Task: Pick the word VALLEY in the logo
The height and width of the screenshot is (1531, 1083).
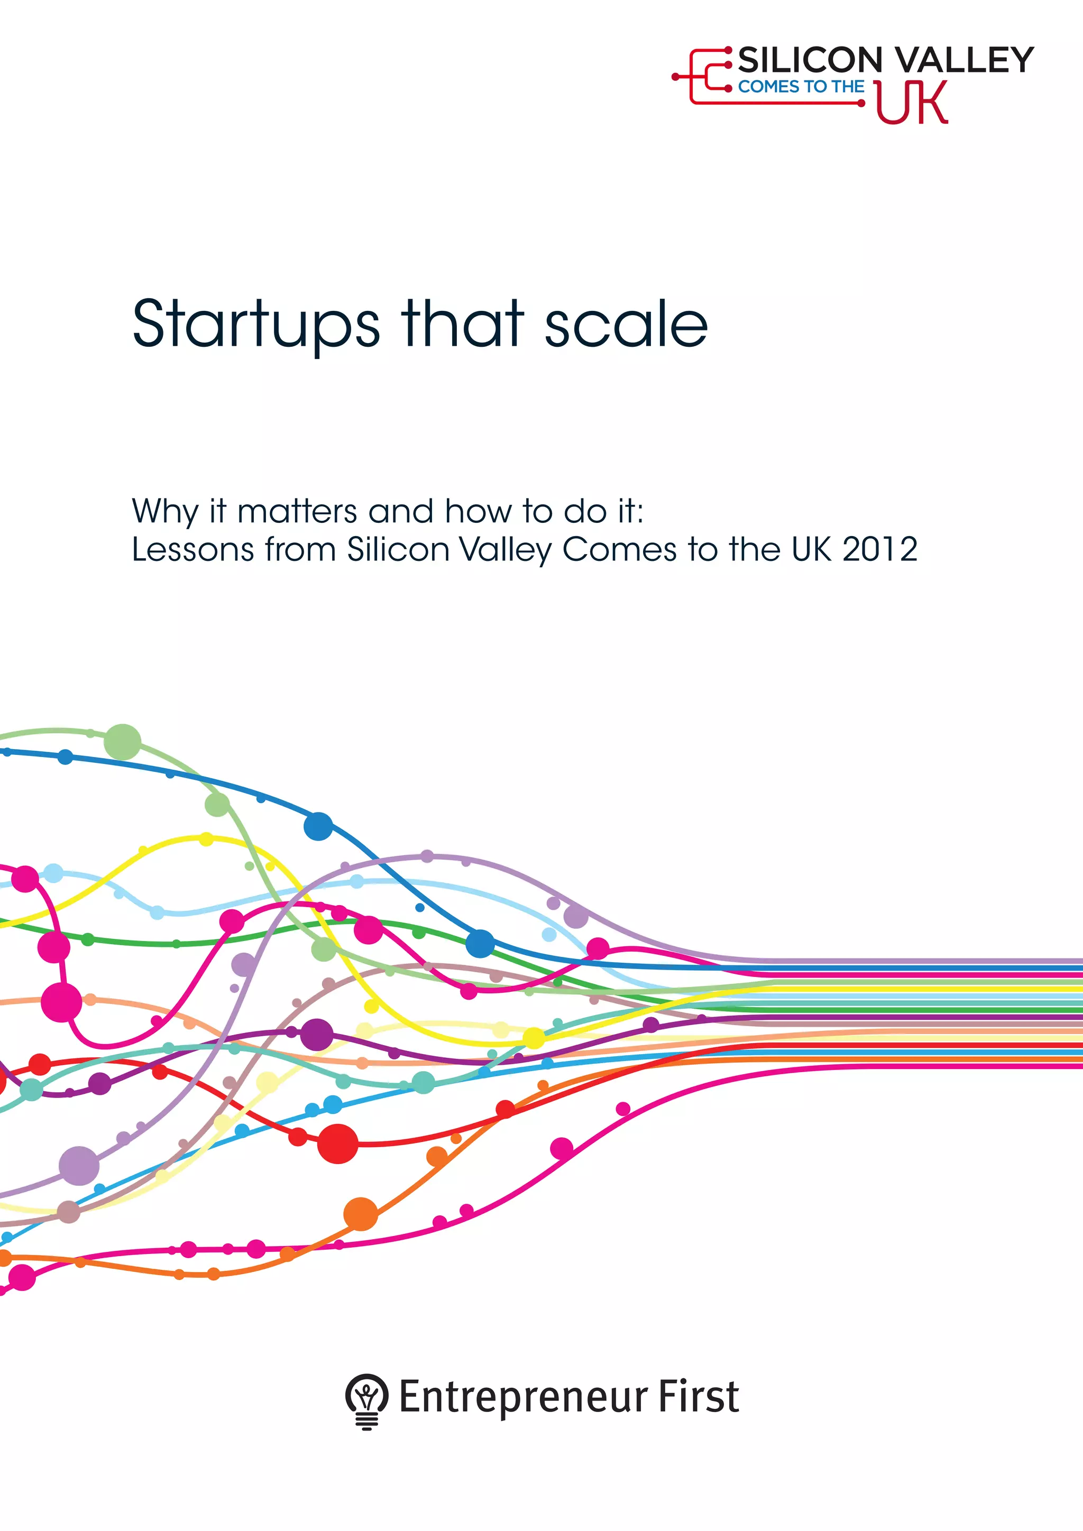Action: click(x=965, y=60)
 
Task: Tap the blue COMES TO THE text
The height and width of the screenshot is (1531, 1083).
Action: click(x=801, y=87)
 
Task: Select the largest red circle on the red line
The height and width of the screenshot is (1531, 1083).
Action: click(x=337, y=1143)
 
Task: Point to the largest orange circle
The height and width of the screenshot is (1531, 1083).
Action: click(x=361, y=1214)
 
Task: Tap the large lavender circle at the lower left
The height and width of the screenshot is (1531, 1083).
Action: click(x=79, y=1166)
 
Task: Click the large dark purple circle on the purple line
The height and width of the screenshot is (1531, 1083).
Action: click(x=317, y=1035)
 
